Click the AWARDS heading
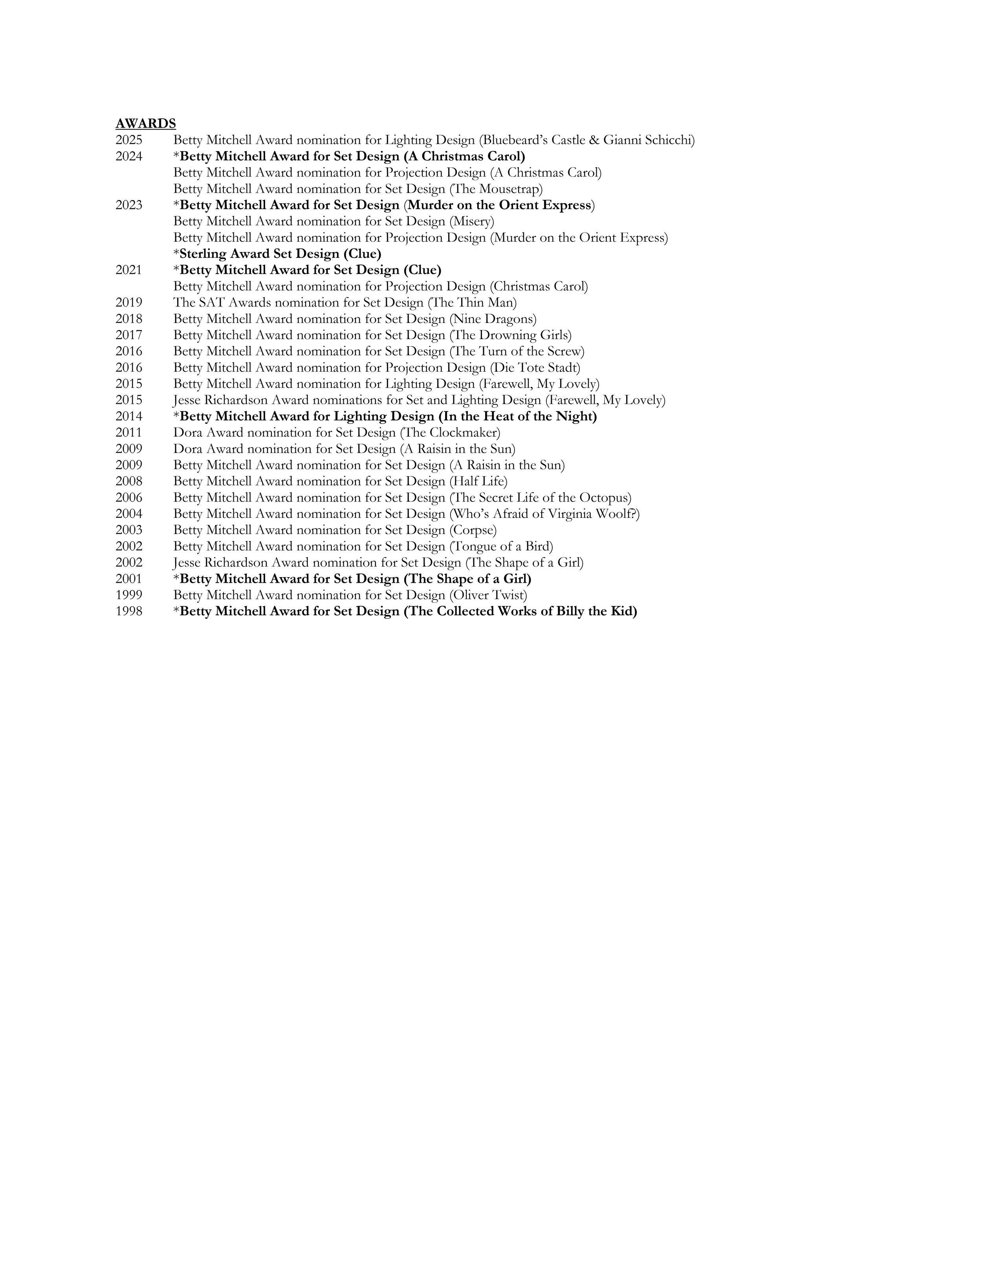pos(145,123)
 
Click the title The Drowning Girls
pos(511,335)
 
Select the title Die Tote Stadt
pos(535,367)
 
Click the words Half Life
pos(478,481)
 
